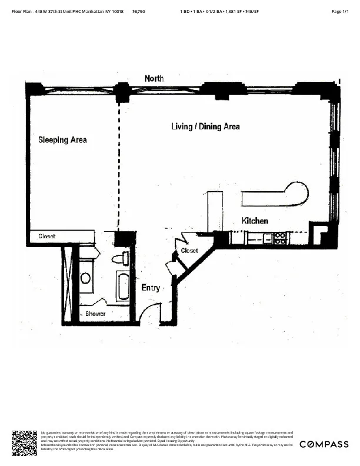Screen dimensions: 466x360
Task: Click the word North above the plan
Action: pos(154,78)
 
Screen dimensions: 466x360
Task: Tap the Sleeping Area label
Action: pos(62,140)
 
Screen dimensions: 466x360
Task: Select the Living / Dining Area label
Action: pos(205,127)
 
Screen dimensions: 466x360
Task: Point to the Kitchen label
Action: pos(255,221)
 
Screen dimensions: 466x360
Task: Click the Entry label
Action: pos(151,288)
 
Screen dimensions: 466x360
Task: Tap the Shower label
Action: pos(95,314)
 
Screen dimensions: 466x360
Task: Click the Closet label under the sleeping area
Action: pos(47,237)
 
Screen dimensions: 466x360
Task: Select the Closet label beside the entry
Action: pos(189,251)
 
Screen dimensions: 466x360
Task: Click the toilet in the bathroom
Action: pos(121,258)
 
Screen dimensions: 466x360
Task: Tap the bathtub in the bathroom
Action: pos(122,287)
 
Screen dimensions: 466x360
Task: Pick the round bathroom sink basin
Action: pos(86,278)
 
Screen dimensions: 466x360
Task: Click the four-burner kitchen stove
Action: pos(281,238)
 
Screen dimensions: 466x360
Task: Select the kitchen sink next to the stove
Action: pos(268,238)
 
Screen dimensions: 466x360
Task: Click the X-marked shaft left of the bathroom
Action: pos(66,282)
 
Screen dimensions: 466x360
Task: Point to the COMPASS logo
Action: pos(323,444)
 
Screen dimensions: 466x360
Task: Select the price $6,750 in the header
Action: pos(139,12)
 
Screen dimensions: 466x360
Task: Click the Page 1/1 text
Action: pos(341,12)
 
